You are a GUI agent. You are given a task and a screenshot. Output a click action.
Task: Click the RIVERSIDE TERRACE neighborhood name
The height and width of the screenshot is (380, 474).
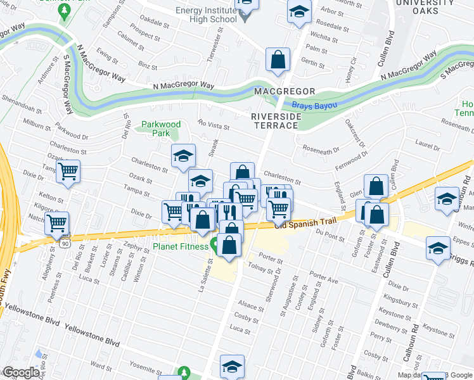pos(274,121)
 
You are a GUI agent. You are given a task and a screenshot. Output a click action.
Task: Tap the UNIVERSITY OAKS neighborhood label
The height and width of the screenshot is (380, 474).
pos(425,8)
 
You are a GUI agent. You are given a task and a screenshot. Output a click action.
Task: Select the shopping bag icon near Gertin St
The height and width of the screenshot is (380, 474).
pos(278,61)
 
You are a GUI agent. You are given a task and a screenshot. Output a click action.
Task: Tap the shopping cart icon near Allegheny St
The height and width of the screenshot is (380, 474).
pos(58,223)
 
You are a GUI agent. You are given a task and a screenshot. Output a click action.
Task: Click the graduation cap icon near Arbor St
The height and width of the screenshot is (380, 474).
pos(299,12)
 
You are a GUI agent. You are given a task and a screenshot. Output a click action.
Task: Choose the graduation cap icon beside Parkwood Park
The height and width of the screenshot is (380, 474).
pos(183,156)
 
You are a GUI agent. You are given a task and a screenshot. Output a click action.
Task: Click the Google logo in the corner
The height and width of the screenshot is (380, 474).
pos(20,372)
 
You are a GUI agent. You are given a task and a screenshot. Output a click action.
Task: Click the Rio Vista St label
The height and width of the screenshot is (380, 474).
pos(213,126)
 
